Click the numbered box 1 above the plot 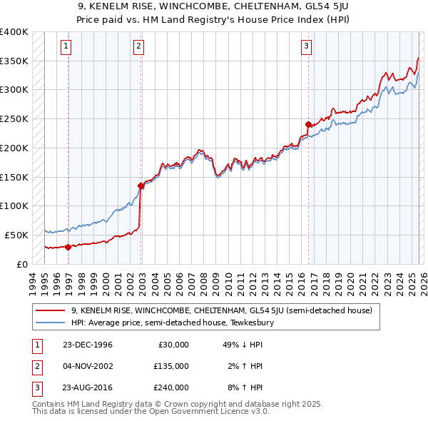point(66,47)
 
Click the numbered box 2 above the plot point(138,47)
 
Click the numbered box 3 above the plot point(306,47)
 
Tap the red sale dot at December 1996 point(68,247)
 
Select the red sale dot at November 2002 point(141,186)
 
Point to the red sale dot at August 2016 point(308,124)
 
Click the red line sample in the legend point(51,310)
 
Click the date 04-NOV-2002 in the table point(87,366)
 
